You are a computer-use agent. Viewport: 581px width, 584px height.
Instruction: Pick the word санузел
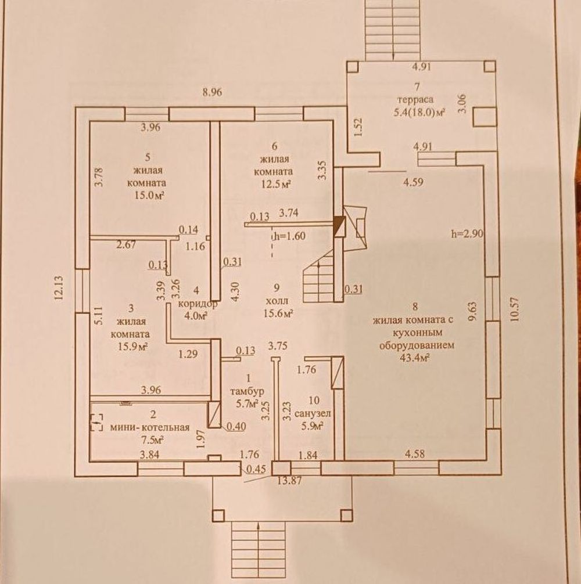(313, 414)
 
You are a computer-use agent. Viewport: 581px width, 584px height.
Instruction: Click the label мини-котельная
(150, 428)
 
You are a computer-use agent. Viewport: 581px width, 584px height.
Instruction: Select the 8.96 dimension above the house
(212, 92)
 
